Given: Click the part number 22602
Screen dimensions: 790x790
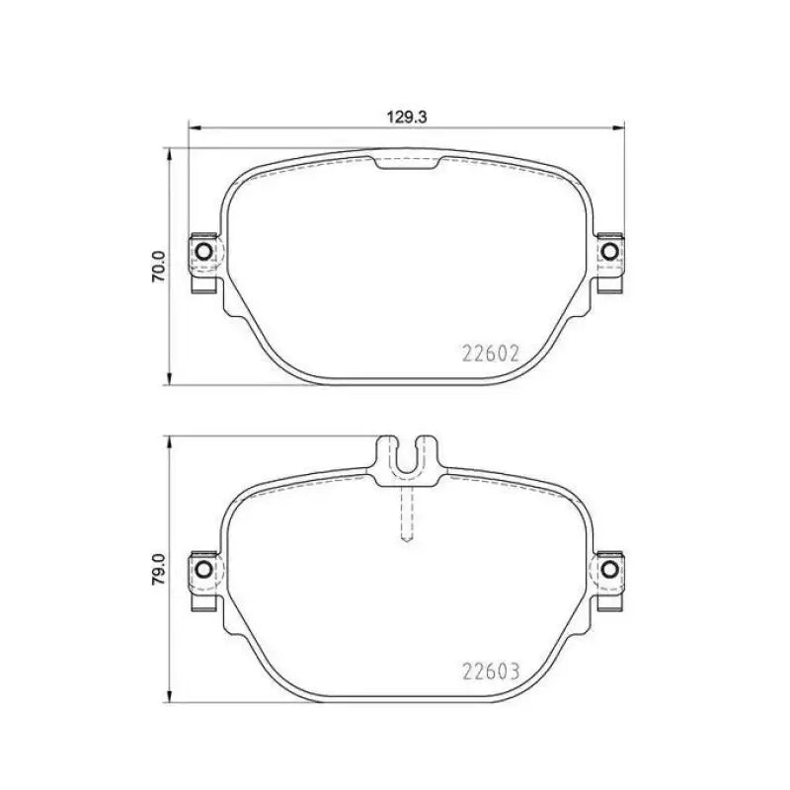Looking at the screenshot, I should click(x=491, y=354).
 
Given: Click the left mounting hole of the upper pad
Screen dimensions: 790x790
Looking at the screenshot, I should click(x=204, y=253).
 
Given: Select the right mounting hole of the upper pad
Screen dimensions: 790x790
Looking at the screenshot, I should click(x=610, y=253).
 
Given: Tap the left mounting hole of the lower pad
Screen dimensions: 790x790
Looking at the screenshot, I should click(x=204, y=570).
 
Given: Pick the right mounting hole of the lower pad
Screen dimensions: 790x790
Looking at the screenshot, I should click(x=610, y=570).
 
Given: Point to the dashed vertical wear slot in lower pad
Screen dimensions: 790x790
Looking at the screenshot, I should click(x=406, y=513).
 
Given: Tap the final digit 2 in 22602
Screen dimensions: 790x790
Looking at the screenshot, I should click(x=513, y=354).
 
